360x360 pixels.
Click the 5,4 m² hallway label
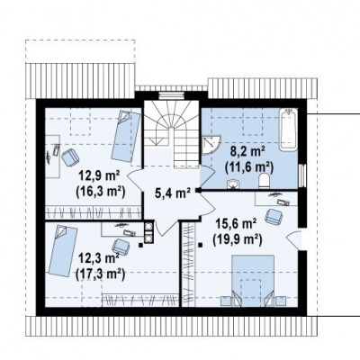pyautogui.click(x=172, y=193)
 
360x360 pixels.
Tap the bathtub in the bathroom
pyautogui.click(x=288, y=129)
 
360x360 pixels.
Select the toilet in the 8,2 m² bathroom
pyautogui.click(x=264, y=181)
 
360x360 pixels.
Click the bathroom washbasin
pyautogui.click(x=234, y=184)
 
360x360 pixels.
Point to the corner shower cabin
pyautogui.click(x=210, y=145)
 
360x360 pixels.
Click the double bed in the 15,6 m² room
pyautogui.click(x=254, y=281)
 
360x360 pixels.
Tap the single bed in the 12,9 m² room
pyautogui.click(x=126, y=137)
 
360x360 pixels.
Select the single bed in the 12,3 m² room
pyautogui.click(x=63, y=251)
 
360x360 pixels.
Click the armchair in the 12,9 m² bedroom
pyautogui.click(x=70, y=157)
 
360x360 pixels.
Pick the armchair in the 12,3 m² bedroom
pyautogui.click(x=121, y=247)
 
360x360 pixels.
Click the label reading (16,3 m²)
pyautogui.click(x=101, y=191)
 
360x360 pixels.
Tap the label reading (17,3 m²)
pyautogui.click(x=101, y=274)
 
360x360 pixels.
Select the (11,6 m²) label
pyautogui.click(x=249, y=167)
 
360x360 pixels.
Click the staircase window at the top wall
pyautogui.click(x=171, y=95)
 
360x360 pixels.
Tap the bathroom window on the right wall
pyautogui.click(x=302, y=175)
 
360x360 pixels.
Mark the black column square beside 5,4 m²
pyautogui.click(x=198, y=190)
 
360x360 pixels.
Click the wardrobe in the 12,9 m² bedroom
pyautogui.click(x=94, y=212)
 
